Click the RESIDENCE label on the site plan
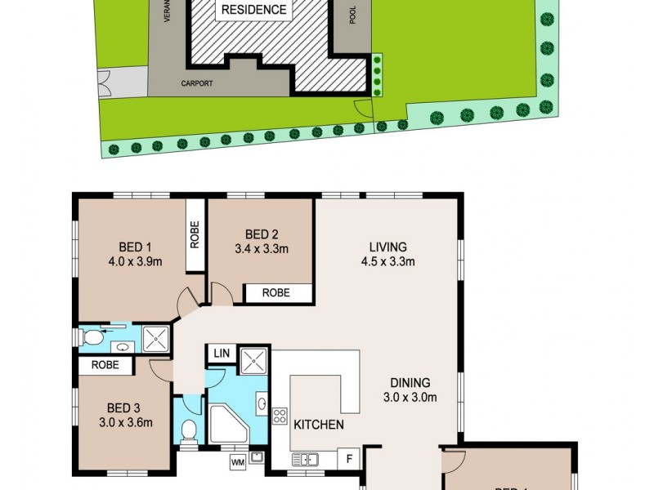click(x=253, y=10)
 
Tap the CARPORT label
click(x=197, y=83)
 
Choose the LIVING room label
click(x=387, y=247)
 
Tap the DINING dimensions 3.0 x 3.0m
click(x=410, y=398)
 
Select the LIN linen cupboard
click(x=221, y=354)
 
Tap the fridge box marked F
click(x=349, y=458)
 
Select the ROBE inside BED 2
click(x=276, y=293)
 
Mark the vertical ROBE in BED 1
click(x=195, y=236)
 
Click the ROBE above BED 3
click(x=105, y=366)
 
